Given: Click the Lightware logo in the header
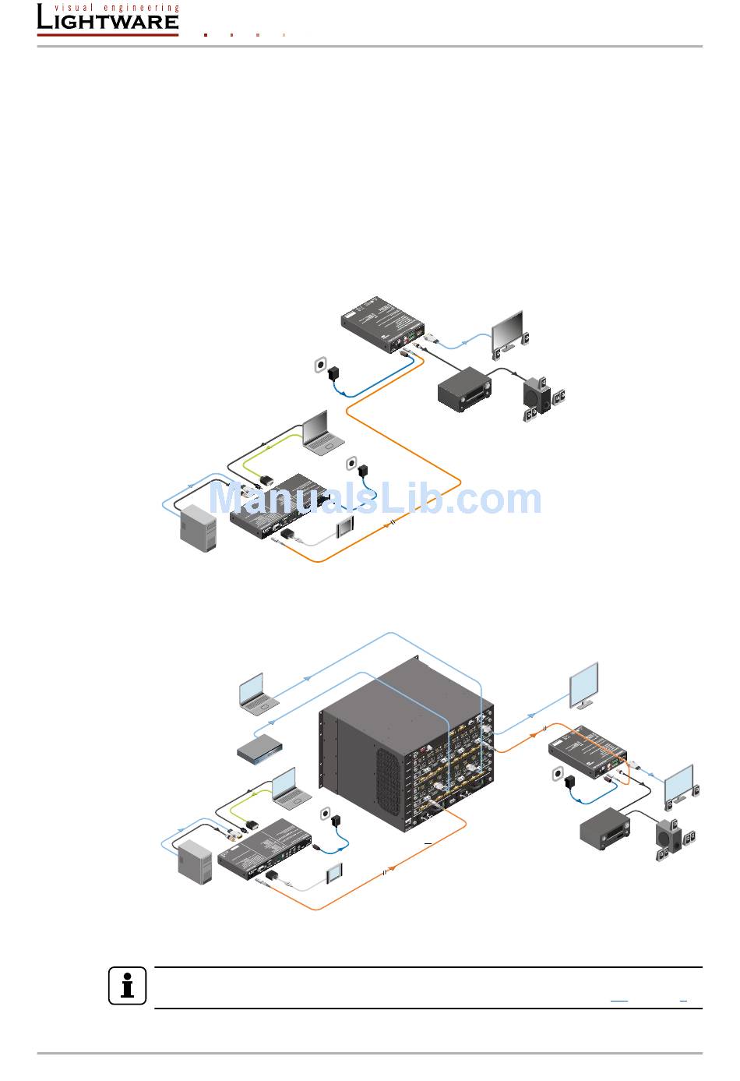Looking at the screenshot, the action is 107,19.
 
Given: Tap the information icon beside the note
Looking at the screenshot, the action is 127,987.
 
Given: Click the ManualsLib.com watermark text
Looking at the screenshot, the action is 375,500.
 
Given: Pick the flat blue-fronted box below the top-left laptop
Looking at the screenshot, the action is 259,747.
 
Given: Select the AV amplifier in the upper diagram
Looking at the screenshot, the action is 464,390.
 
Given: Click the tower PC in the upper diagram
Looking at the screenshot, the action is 197,528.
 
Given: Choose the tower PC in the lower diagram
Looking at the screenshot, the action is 195,863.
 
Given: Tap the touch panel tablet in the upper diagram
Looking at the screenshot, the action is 344,528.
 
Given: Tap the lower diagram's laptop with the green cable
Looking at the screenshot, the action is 291,790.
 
